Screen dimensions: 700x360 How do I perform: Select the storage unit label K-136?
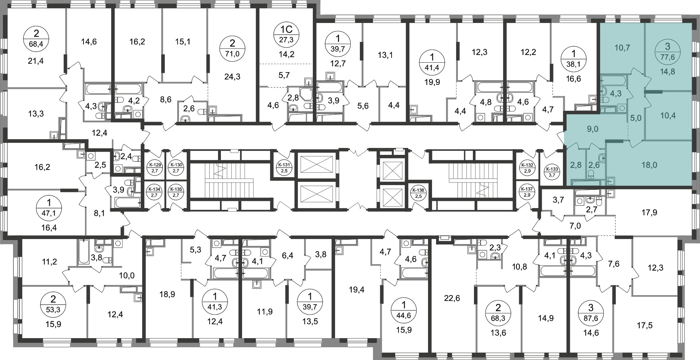pos(418,193)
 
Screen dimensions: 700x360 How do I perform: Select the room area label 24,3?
pos(232,77)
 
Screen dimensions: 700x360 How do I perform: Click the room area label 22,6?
pos(452,298)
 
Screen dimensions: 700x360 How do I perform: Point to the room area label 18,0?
pos(649,165)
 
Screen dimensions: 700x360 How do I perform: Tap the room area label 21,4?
pos(36,61)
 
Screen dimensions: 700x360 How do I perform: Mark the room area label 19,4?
pos(356,290)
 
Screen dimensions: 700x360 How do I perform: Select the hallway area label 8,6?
pos(166,99)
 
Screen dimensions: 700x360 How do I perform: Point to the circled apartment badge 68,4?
pos(36,39)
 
